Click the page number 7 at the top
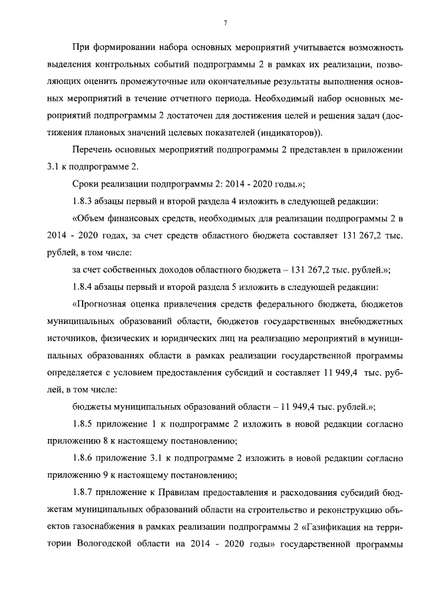point(226,24)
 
